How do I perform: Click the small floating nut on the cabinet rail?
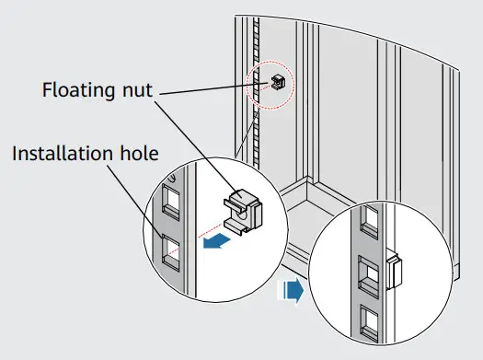coord(277,80)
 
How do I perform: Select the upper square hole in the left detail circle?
coord(170,200)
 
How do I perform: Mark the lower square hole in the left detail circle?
coord(170,251)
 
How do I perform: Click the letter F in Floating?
coord(48,90)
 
